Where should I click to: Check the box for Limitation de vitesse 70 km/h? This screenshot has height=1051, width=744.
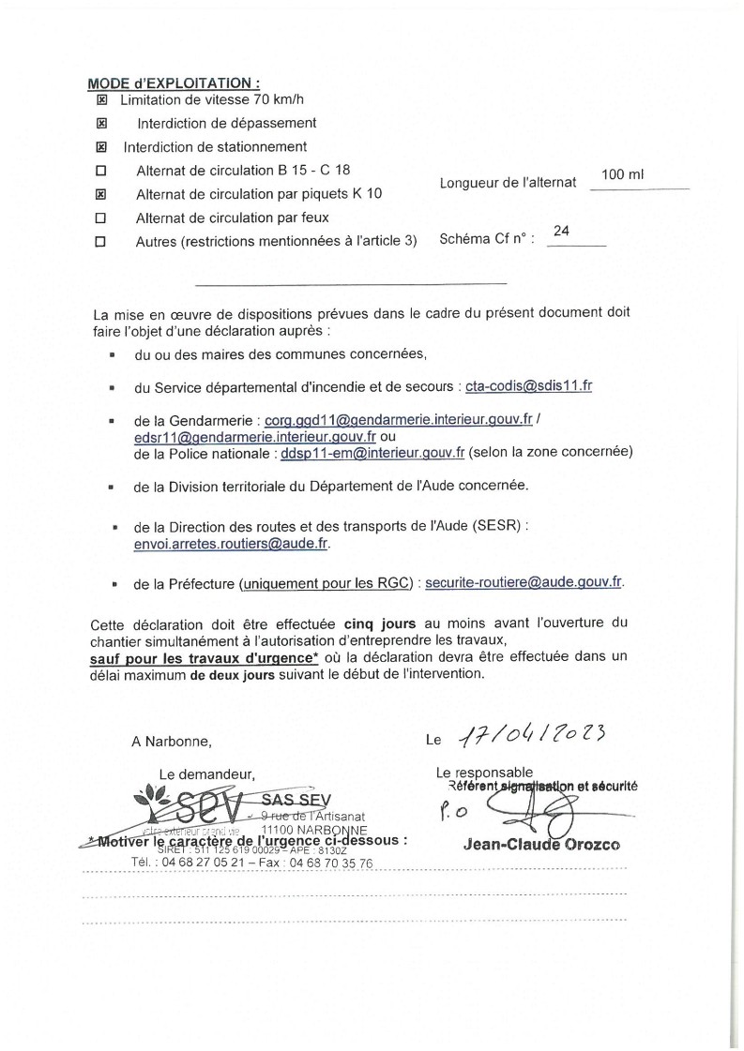[x=102, y=99]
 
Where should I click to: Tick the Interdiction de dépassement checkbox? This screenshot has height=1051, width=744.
[x=102, y=123]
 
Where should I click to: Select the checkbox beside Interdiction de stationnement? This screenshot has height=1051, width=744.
[x=102, y=147]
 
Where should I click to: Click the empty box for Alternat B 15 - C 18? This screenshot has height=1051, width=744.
[x=102, y=171]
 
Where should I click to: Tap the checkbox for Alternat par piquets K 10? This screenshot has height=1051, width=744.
[x=102, y=195]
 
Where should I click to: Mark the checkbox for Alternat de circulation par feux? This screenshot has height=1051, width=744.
[x=102, y=218]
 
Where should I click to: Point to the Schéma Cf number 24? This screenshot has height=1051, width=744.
[x=562, y=231]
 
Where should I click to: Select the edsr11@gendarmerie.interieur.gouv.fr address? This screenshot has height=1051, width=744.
[x=255, y=437]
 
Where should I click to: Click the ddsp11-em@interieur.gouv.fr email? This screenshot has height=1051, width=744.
[x=372, y=452]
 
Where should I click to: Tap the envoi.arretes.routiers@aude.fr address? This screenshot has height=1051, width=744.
[x=233, y=544]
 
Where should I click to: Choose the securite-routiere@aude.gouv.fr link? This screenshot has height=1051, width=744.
[x=524, y=582]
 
